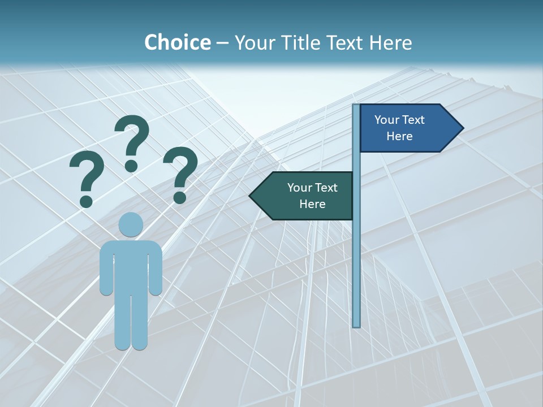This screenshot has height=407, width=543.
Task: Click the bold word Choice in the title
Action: click(x=177, y=42)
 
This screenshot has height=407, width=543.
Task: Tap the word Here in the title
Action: click(x=390, y=42)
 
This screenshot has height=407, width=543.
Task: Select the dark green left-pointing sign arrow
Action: click(x=305, y=196)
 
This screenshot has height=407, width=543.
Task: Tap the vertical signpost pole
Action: click(x=356, y=254)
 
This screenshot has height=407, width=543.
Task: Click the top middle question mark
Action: click(x=132, y=141)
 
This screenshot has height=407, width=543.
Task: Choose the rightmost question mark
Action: click(x=180, y=172)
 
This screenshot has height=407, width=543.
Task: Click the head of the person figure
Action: click(x=131, y=225)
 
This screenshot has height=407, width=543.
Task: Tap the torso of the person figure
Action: click(x=131, y=266)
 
